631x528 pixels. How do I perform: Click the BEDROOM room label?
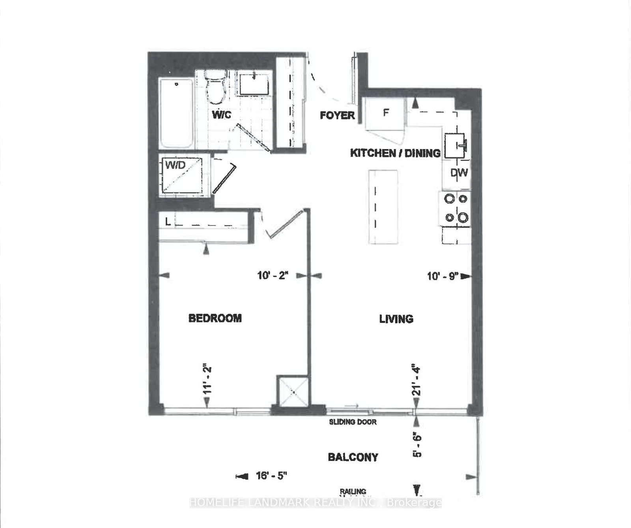click(x=215, y=318)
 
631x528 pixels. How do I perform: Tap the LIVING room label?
click(x=396, y=319)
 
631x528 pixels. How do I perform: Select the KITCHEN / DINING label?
click(x=395, y=153)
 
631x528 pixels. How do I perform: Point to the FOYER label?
click(x=337, y=115)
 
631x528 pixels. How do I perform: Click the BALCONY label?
click(x=353, y=457)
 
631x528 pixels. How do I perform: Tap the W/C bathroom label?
click(x=221, y=115)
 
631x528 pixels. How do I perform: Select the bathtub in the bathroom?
click(x=176, y=113)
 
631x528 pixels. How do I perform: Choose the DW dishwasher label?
click(x=459, y=172)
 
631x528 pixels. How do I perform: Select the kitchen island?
click(x=383, y=207)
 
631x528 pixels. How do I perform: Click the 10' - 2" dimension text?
click(x=273, y=275)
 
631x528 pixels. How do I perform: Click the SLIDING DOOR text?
click(x=353, y=422)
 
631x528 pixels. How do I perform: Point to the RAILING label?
click(x=353, y=491)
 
